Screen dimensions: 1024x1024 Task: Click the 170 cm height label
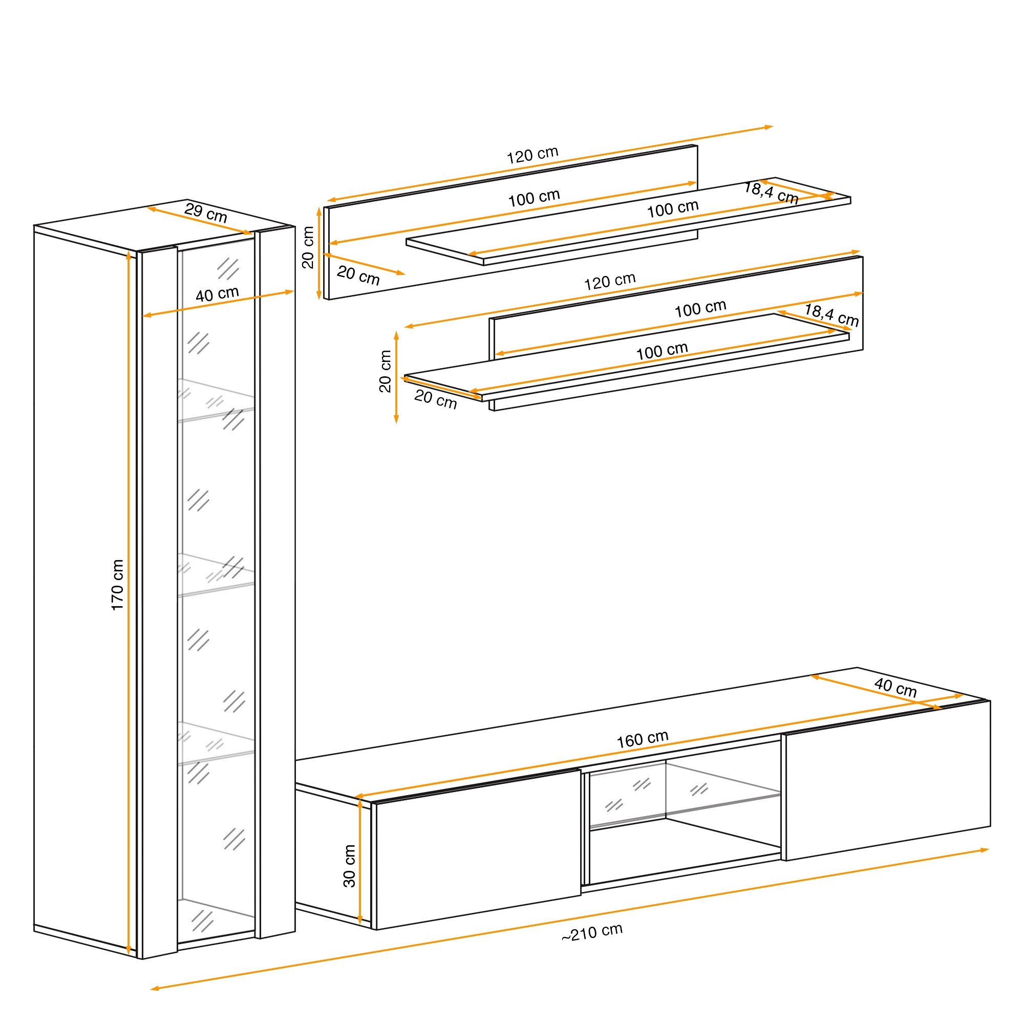[117, 585]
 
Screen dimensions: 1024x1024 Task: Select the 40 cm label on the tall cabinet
[217, 294]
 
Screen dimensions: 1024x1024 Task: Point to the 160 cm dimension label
[643, 739]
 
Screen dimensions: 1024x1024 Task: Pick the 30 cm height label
[349, 866]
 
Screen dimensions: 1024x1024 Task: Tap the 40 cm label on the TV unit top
[895, 688]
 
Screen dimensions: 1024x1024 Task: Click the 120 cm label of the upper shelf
[532, 155]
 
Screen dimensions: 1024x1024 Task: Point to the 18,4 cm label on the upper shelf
[771, 193]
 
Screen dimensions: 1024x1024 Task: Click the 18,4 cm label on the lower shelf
[831, 315]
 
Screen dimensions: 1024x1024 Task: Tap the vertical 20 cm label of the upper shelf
[308, 247]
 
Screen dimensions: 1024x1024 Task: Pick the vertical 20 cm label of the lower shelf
[386, 372]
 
